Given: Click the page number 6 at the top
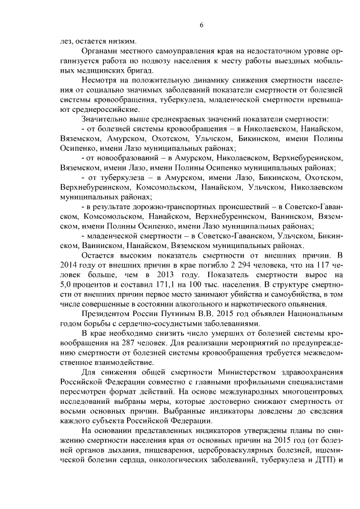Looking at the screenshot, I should (201, 24).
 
